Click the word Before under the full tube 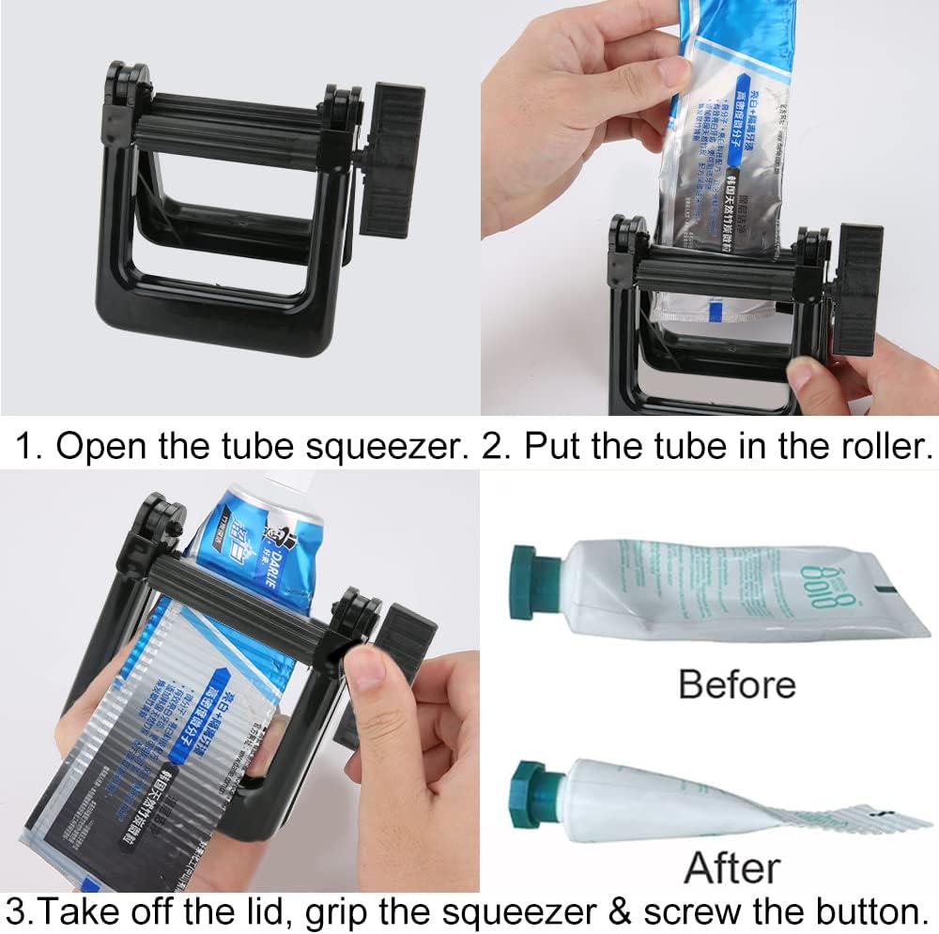tap(737, 683)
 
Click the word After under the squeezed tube tap(733, 868)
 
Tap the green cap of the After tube tap(536, 782)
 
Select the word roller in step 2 tap(877, 446)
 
